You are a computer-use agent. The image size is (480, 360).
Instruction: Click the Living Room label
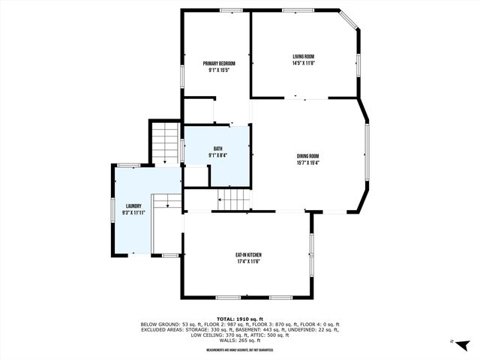[x=303, y=56]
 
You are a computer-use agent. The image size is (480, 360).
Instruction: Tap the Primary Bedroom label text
[x=219, y=63]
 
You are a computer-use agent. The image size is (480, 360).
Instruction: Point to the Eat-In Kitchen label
[x=249, y=255]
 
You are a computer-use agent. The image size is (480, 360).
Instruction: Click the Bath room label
[x=218, y=148]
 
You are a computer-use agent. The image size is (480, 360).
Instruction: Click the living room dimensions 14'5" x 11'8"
[x=303, y=63]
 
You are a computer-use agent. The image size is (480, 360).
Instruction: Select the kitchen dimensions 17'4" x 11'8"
[x=249, y=262]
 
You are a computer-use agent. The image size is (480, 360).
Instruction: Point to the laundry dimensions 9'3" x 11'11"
[x=133, y=212]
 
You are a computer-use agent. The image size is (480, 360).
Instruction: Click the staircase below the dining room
[x=233, y=200]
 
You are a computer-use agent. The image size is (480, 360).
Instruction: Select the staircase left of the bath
[x=165, y=142]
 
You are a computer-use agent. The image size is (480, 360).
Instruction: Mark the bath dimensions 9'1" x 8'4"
[x=218, y=155]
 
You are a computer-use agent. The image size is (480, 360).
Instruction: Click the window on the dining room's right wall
[x=367, y=156]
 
